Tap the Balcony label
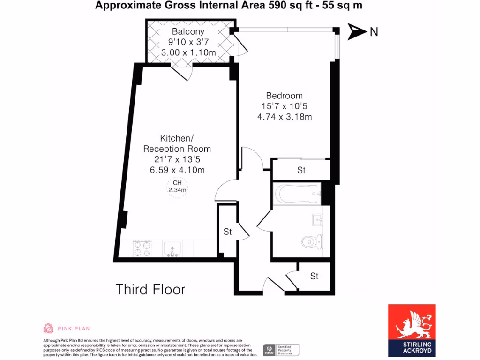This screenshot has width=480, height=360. [x=188, y=32]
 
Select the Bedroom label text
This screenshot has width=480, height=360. [x=285, y=96]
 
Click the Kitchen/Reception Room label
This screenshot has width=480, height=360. [x=177, y=144]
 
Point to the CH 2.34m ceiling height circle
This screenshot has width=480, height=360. [x=177, y=187]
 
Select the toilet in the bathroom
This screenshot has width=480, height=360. [x=311, y=242]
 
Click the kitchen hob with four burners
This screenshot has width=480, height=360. [x=142, y=248]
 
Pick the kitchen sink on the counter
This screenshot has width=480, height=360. [x=172, y=248]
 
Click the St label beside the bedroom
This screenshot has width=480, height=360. [x=301, y=171]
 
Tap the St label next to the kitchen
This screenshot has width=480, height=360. [x=228, y=232]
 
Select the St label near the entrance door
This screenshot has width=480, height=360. [x=314, y=277]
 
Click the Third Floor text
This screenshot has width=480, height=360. [x=150, y=289]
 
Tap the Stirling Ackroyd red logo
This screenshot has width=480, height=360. [x=412, y=330]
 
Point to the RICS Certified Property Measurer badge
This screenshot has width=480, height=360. [x=281, y=350]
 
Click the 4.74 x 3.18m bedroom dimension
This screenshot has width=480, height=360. [x=285, y=117]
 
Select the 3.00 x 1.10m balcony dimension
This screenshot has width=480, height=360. [x=188, y=52]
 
